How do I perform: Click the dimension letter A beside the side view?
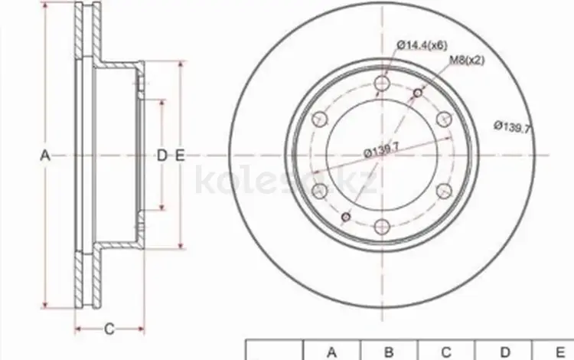pyautogui.click(x=44, y=155)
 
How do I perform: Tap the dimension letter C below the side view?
pyautogui.click(x=109, y=329)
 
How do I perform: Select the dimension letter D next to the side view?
pyautogui.click(x=161, y=155)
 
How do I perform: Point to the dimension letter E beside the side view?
pyautogui.click(x=179, y=155)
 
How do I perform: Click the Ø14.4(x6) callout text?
pyautogui.click(x=422, y=45)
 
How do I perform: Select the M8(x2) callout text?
pyautogui.click(x=466, y=60)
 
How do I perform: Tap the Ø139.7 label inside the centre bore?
pyautogui.click(x=381, y=149)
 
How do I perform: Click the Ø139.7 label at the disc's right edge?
pyautogui.click(x=512, y=127)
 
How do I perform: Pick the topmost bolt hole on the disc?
pyautogui.click(x=382, y=83)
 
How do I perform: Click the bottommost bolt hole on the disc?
pyautogui.click(x=382, y=227)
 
